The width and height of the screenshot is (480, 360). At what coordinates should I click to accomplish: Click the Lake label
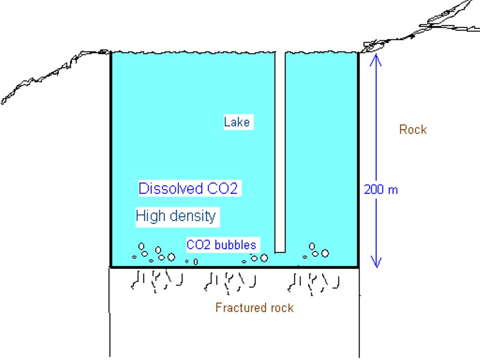click(x=237, y=122)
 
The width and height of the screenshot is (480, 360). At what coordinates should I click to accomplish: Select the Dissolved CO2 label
click(x=188, y=188)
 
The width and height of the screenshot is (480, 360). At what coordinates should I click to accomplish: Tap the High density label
click(x=176, y=217)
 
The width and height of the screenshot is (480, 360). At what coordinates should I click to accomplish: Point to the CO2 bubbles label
click(x=221, y=245)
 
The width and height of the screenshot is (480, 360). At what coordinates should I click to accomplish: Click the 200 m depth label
click(x=381, y=190)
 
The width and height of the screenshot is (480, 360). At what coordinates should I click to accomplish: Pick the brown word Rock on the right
click(x=413, y=130)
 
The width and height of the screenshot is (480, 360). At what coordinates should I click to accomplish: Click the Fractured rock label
click(x=255, y=307)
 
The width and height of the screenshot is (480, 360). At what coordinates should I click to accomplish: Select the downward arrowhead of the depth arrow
click(x=376, y=262)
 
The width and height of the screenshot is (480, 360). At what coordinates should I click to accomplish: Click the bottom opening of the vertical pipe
click(x=280, y=252)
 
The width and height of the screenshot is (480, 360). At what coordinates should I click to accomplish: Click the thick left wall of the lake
click(x=111, y=159)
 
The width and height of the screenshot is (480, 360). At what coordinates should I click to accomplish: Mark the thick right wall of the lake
click(x=358, y=159)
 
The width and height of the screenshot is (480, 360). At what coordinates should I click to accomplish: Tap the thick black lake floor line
click(x=234, y=267)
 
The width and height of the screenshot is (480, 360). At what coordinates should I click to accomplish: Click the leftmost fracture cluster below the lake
click(x=157, y=281)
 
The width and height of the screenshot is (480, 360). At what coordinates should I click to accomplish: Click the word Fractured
click(x=238, y=307)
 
